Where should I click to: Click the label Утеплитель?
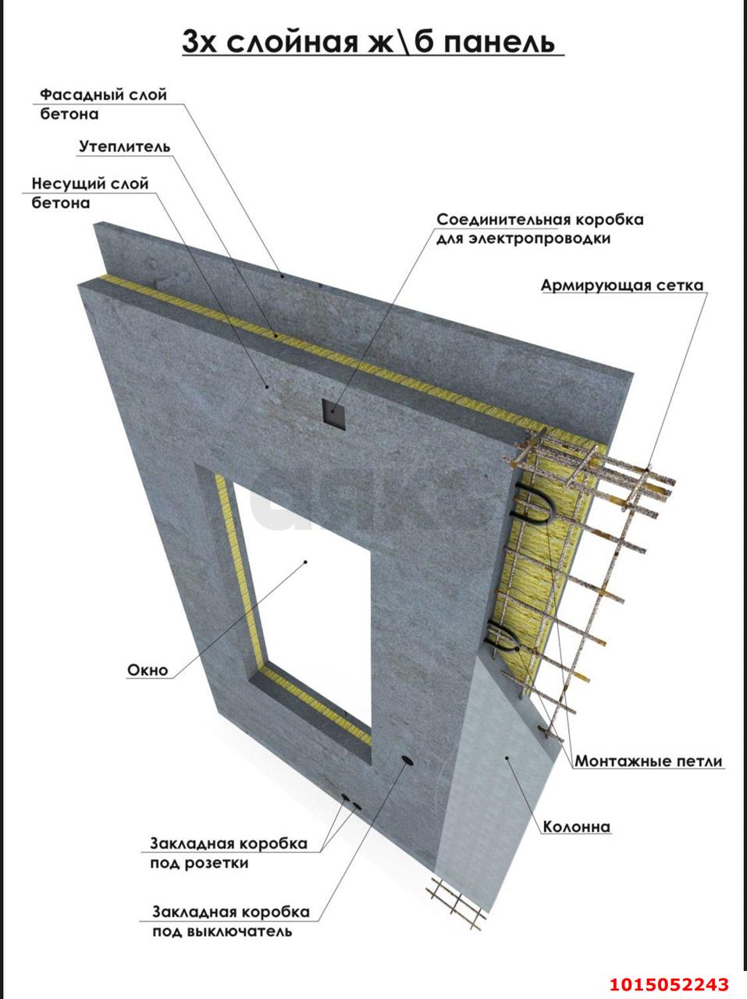coord(125,147)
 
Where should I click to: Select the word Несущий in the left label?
coord(66,184)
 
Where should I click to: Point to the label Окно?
coord(148,670)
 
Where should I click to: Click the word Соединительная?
coord(503,220)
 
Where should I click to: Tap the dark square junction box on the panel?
coord(333,412)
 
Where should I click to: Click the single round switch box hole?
coord(407,759)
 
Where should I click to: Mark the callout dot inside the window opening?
coord(306,562)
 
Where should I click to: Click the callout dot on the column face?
coord(507,758)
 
